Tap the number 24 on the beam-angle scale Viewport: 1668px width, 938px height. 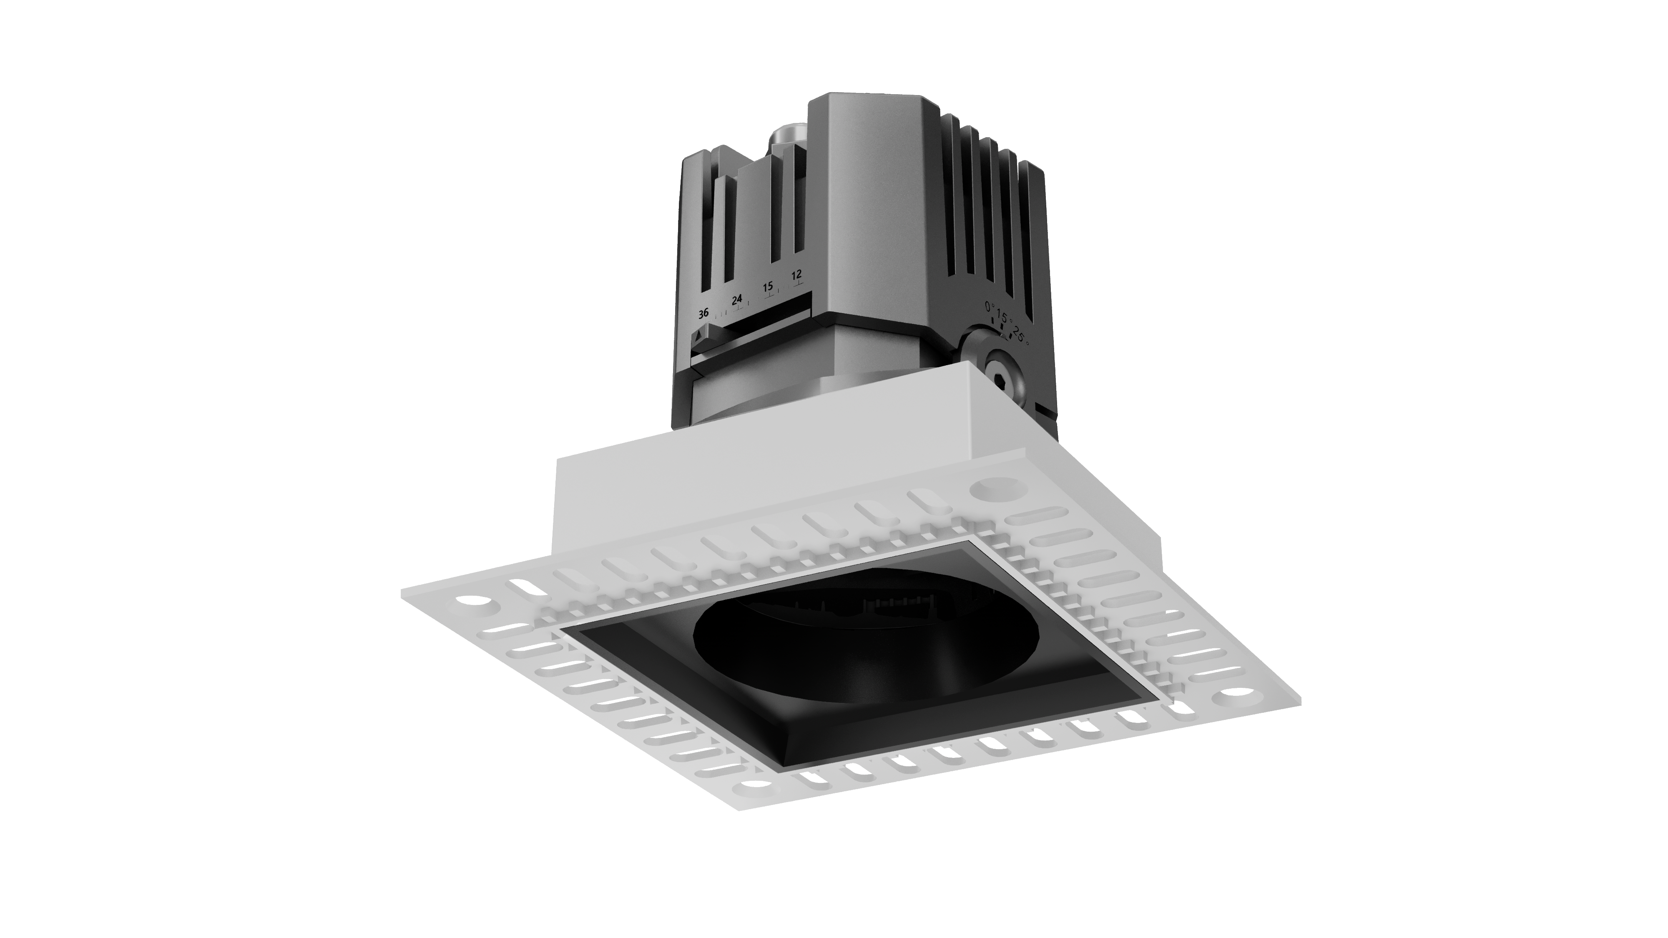point(737,300)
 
